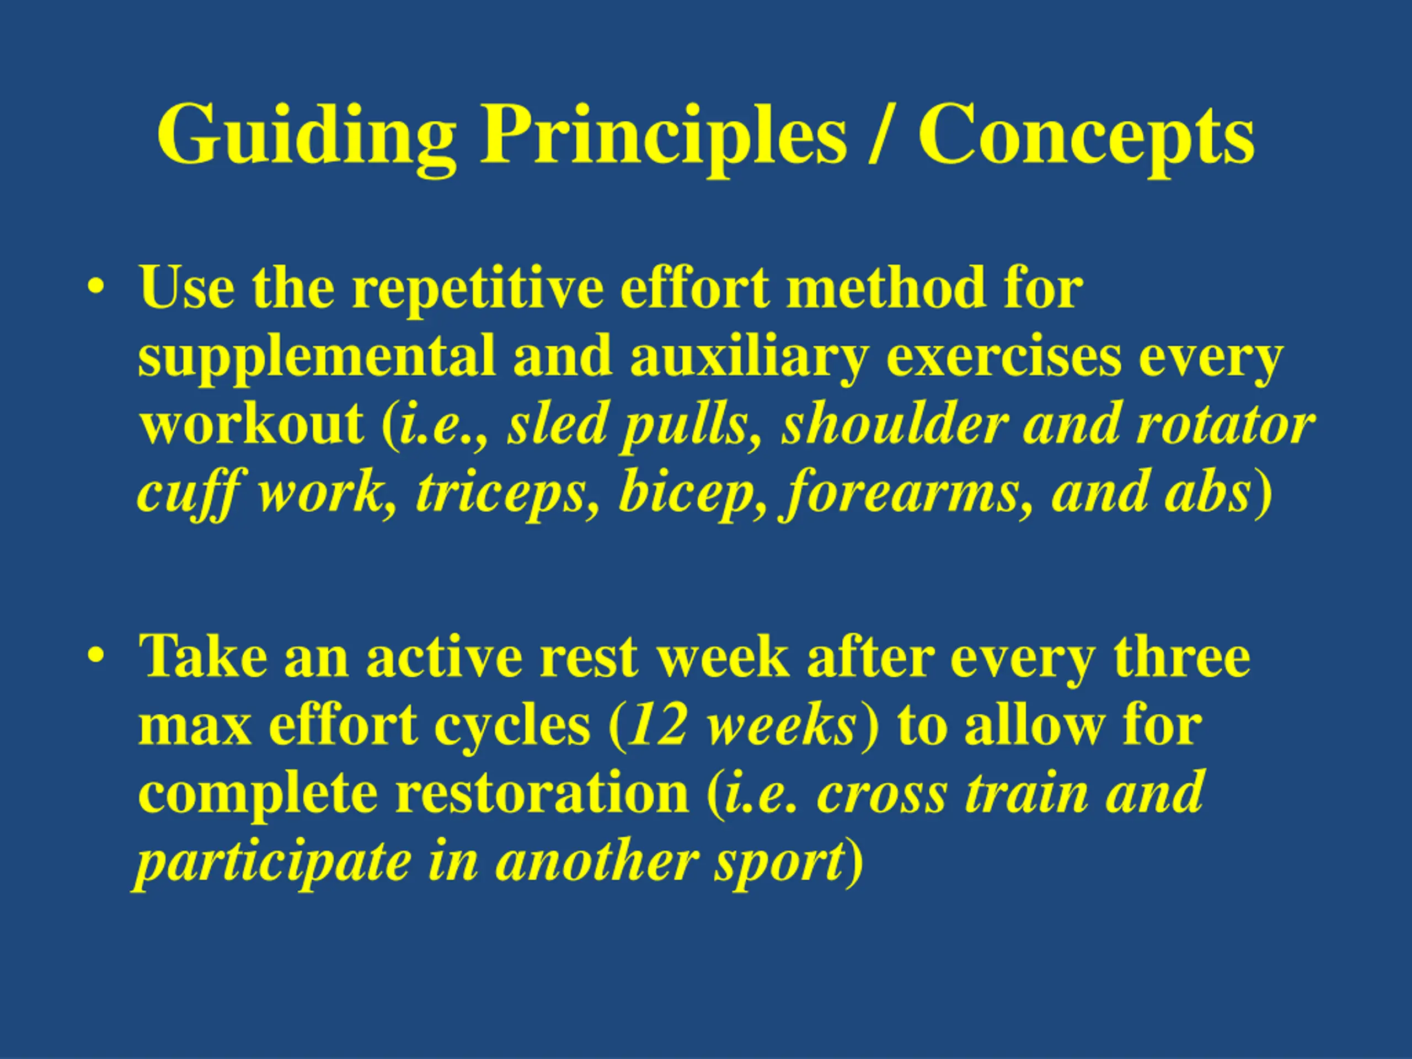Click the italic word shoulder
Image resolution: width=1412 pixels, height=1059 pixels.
893,425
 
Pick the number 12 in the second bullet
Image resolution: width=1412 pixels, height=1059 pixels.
657,726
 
